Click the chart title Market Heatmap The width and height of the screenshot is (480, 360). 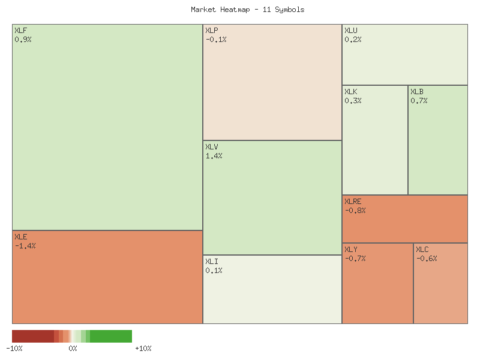248,10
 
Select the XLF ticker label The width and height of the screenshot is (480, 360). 20,30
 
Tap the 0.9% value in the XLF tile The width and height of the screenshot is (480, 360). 23,39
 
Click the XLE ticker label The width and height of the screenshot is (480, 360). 20,236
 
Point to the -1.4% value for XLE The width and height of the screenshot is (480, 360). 25,245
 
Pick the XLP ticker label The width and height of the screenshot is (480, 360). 211,30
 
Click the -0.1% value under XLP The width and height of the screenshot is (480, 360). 216,39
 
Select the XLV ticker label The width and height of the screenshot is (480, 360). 211,146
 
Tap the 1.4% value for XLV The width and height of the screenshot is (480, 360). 214,155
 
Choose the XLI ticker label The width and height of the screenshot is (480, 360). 211,261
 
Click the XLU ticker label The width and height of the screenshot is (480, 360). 350,30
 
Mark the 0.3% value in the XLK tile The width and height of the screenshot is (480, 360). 353,100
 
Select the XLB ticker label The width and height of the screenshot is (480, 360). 416,91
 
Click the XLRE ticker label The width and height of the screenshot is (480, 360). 353,201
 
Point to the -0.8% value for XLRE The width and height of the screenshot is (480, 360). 355,210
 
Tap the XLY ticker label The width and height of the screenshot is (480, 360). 350,249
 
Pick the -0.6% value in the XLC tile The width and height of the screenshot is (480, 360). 427,258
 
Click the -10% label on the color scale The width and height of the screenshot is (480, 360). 14,349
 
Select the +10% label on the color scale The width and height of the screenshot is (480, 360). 143,349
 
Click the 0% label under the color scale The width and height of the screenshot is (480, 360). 73,349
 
